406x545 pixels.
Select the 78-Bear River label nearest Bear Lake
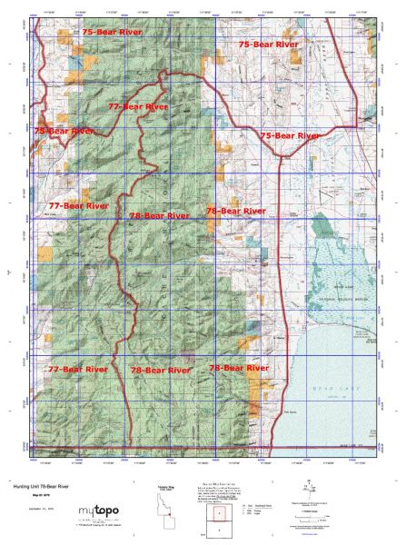click(239, 369)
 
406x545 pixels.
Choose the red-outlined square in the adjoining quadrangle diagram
click(221, 510)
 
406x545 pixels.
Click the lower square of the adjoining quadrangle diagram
click(221, 528)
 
